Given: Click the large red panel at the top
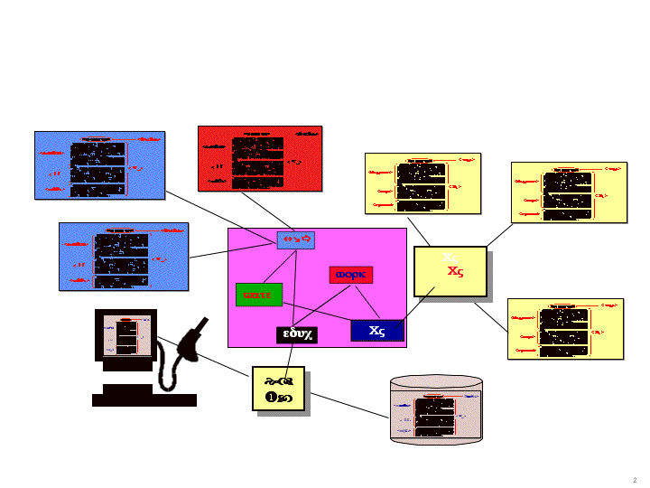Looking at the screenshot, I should pos(260,158).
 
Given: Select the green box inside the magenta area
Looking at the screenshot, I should pos(259,295).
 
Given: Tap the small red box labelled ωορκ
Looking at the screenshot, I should pos(351,275).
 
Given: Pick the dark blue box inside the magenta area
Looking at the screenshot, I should pos(376,330).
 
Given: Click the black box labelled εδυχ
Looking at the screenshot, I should pos(296,335).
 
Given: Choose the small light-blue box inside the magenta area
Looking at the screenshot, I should pos(295,239).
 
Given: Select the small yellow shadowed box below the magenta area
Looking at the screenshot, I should pos(278,388).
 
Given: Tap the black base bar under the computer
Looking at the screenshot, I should pos(144,399).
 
